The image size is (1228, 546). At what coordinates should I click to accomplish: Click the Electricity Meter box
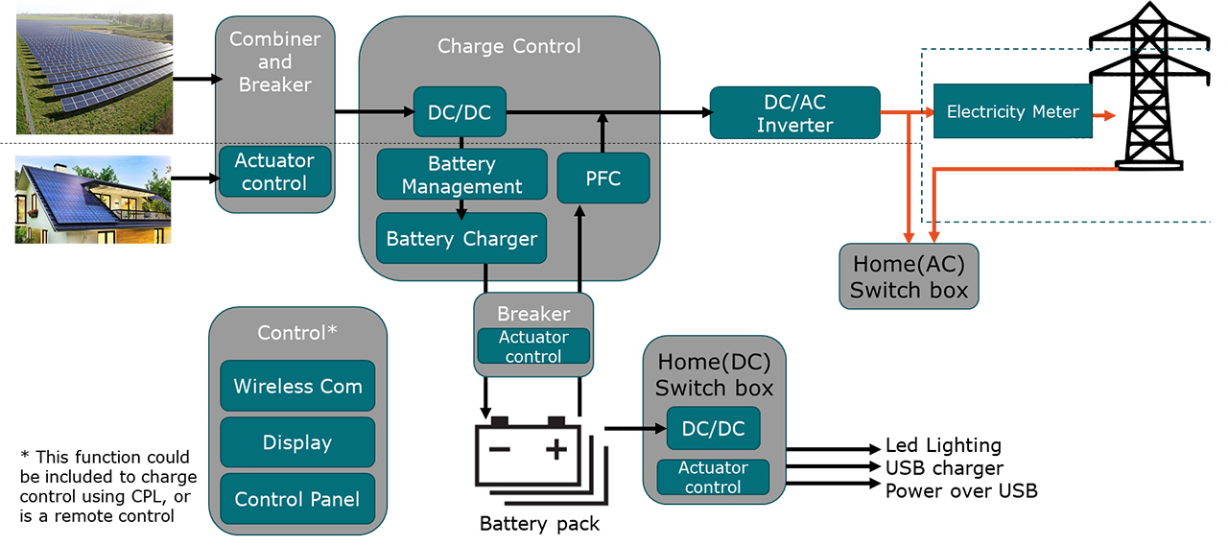point(1012,111)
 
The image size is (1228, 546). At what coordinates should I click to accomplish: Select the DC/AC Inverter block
point(794,112)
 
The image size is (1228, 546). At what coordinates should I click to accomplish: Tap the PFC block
point(602,178)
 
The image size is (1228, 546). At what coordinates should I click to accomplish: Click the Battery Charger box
point(461,238)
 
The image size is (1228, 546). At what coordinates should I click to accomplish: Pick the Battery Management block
point(461,175)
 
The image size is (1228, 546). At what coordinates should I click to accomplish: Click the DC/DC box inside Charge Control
point(459,111)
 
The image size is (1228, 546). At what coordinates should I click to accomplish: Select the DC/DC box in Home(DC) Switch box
point(713,428)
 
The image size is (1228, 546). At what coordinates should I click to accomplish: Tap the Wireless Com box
point(297,386)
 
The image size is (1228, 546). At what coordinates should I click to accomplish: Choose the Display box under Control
point(297,442)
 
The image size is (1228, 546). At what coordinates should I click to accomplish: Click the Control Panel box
point(297,498)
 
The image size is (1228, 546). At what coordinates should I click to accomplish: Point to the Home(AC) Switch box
point(909,276)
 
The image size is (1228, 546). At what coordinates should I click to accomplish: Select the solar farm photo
point(94,73)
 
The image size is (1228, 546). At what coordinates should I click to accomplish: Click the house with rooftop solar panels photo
point(93,200)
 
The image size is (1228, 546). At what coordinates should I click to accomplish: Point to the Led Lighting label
point(943,445)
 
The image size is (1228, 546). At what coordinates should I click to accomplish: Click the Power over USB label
point(961,491)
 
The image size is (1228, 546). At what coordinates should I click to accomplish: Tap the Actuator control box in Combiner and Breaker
point(274,172)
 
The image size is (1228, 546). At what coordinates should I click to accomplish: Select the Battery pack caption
point(539,524)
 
